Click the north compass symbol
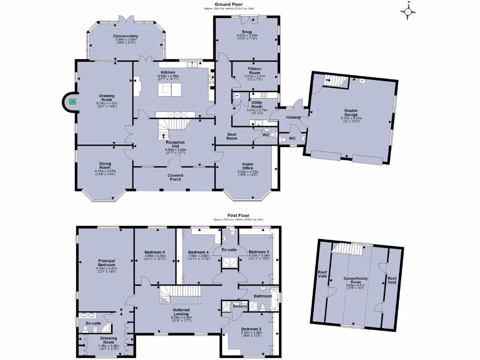pyautogui.click(x=409, y=12)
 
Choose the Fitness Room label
pyautogui.click(x=255, y=71)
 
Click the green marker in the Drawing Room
pyautogui.click(x=73, y=101)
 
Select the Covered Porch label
pyautogui.click(x=175, y=177)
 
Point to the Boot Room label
pyautogui.click(x=232, y=136)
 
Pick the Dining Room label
pyautogui.click(x=105, y=165)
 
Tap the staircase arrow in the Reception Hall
pyautogui.click(x=163, y=136)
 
